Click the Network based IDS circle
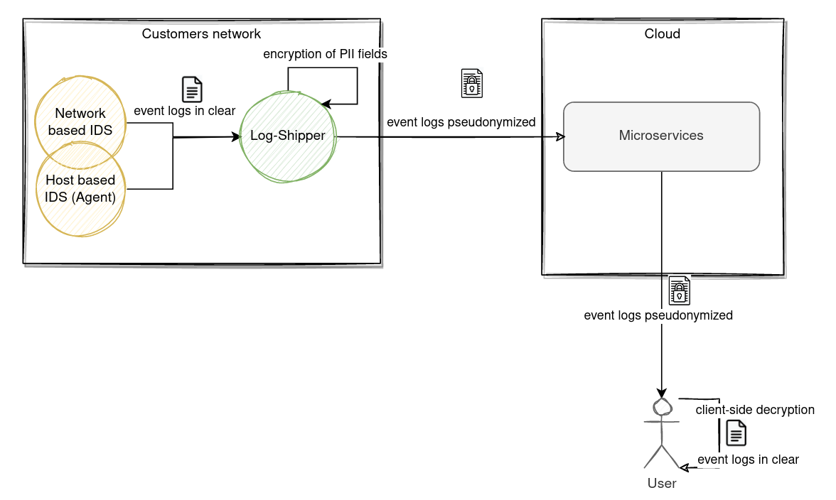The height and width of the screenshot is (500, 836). [80, 121]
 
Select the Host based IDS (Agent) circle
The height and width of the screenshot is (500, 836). [80, 189]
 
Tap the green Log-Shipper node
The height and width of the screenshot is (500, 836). [288, 136]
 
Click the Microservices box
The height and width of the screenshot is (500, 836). [661, 136]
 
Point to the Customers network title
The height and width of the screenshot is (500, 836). [201, 34]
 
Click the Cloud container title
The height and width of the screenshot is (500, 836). [662, 34]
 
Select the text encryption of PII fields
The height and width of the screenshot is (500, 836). [325, 54]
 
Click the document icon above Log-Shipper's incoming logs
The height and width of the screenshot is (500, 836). [192, 89]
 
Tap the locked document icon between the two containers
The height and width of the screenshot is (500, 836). [471, 83]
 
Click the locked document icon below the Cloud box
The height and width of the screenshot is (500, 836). [680, 289]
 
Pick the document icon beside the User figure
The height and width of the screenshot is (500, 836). [736, 433]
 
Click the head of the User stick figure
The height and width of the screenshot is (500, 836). [663, 406]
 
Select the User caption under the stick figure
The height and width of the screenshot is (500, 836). [661, 484]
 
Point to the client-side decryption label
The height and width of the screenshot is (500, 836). [755, 410]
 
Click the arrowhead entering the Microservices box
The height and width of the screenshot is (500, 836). [559, 136]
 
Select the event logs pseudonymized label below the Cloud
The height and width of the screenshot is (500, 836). [658, 315]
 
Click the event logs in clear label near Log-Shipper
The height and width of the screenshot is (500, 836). [185, 111]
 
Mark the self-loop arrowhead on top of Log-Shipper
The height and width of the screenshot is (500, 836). [326, 104]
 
